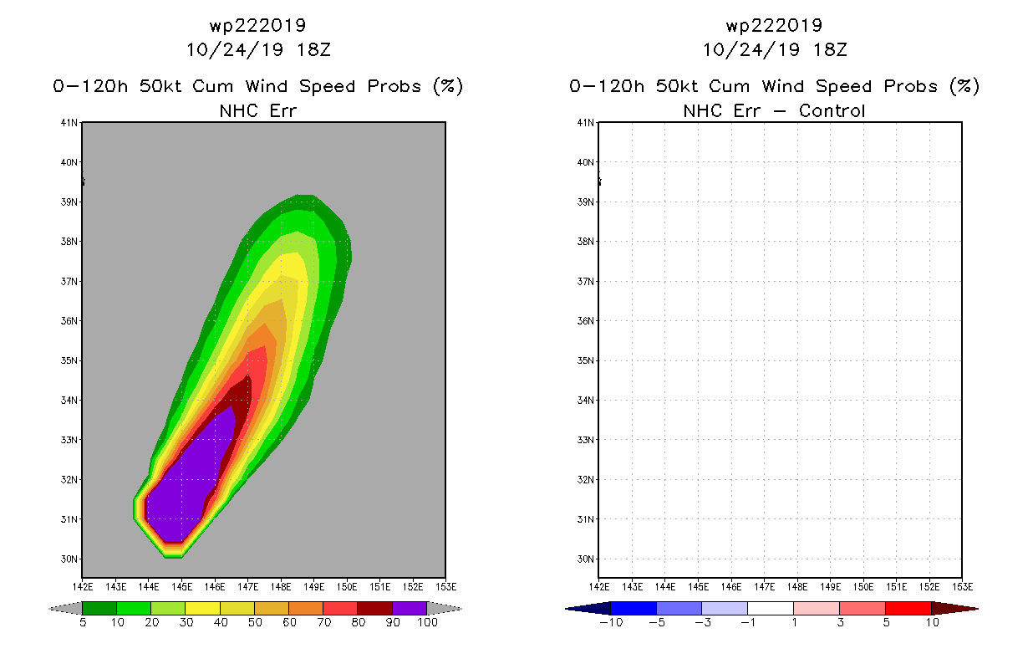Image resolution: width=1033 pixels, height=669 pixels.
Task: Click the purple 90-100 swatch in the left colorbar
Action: (x=410, y=609)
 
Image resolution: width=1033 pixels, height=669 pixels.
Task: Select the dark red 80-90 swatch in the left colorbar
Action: (x=374, y=609)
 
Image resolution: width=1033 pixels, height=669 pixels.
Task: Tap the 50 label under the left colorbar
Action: (x=255, y=623)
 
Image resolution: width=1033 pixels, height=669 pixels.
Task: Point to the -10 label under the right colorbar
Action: (x=611, y=623)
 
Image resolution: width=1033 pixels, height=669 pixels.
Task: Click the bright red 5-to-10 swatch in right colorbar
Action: (x=908, y=609)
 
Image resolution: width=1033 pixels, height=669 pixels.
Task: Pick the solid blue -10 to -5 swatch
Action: (x=634, y=609)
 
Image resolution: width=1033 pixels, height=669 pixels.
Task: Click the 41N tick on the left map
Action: (x=72, y=123)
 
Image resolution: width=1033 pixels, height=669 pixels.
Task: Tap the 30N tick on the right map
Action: (x=588, y=559)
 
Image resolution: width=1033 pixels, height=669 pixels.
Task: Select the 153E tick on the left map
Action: (x=445, y=587)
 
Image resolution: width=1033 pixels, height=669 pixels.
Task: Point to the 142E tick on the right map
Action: (x=599, y=587)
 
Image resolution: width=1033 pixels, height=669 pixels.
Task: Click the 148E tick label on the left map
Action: (x=281, y=587)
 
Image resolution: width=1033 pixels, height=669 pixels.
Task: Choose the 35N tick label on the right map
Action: (x=588, y=360)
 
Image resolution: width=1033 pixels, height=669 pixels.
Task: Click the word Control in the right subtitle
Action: (x=832, y=110)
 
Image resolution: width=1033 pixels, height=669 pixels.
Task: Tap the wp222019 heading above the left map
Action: (x=258, y=26)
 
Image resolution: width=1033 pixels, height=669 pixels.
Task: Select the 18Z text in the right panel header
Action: (x=831, y=49)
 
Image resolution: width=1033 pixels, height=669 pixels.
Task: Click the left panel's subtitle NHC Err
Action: (x=258, y=110)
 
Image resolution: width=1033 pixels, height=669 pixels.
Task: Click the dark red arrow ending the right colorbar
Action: (x=954, y=609)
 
